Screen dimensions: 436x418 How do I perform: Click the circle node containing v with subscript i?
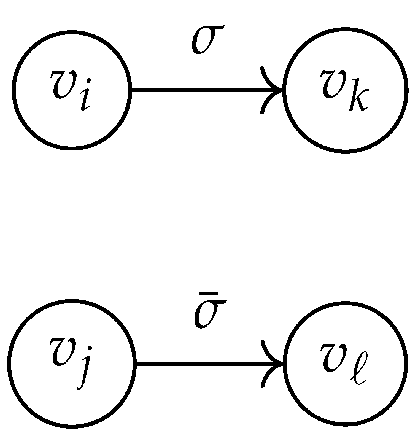tap(71, 90)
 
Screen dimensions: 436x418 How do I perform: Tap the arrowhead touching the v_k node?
tap(271, 90)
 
